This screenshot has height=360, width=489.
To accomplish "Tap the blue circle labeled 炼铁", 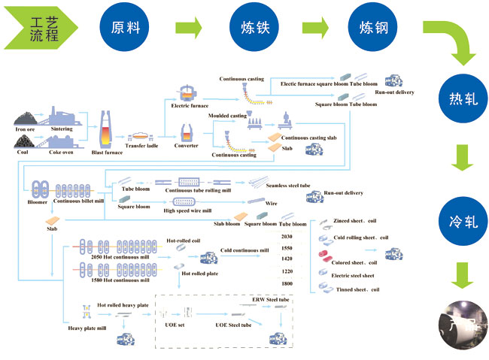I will click(x=251, y=29).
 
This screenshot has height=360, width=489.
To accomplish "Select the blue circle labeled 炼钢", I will click(x=373, y=29).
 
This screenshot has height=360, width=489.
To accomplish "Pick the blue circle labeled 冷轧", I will click(x=463, y=223).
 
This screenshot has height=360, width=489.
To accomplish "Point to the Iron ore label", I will click(x=26, y=129).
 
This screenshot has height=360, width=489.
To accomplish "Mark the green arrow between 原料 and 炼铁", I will click(x=189, y=29).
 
